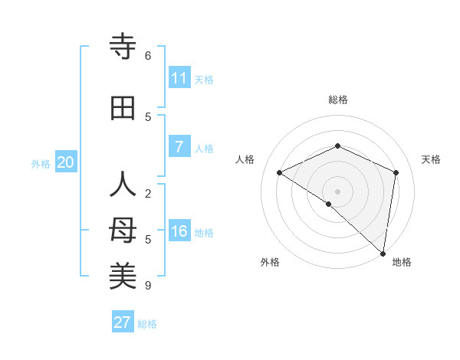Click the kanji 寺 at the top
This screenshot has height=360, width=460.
pyautogui.click(x=123, y=47)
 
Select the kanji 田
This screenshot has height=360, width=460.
pyautogui.click(x=123, y=109)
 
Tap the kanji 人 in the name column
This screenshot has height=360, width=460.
pyautogui.click(x=123, y=185)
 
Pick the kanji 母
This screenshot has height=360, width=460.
pyautogui.click(x=123, y=231)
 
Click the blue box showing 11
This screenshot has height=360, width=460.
pyautogui.click(x=179, y=78)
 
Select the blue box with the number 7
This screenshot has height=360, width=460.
pyautogui.click(x=179, y=147)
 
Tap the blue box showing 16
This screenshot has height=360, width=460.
pyautogui.click(x=179, y=231)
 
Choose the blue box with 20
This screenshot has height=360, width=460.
pyautogui.click(x=66, y=162)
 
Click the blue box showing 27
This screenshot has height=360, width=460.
pyautogui.click(x=123, y=322)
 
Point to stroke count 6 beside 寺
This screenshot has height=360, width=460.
pyautogui.click(x=148, y=55)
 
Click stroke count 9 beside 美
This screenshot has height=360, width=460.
pyautogui.click(x=148, y=286)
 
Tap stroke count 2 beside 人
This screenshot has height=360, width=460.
pyautogui.click(x=148, y=193)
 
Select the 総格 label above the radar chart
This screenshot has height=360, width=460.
pyautogui.click(x=337, y=100)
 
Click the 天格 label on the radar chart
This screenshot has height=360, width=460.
pyautogui.click(x=432, y=159)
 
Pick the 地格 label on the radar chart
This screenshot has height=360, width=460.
pyautogui.click(x=402, y=262)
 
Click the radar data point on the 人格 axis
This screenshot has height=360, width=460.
pyautogui.click(x=280, y=172)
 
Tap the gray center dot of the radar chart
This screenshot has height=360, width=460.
pyautogui.click(x=337, y=191)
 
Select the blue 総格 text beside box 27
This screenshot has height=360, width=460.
pyautogui.click(x=148, y=324)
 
